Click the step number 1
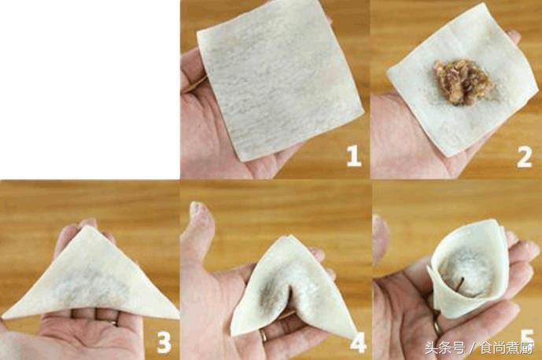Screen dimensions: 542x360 point(353,156)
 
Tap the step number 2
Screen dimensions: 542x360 point(524,157)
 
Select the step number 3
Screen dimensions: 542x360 point(164,342)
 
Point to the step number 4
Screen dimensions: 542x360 point(358,342)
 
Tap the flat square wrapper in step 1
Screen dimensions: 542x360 point(278,79)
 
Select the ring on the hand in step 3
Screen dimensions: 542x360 point(115,323)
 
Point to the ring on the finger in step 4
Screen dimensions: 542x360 point(264,334)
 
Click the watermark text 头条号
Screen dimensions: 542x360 point(444,348)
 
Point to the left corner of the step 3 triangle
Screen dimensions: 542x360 point(4,316)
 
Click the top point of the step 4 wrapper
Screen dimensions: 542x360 point(288,237)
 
